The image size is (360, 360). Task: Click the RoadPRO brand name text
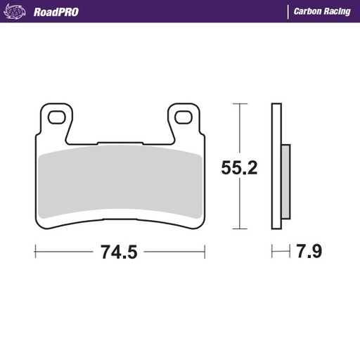(56, 12)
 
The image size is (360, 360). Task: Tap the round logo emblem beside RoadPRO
(18, 11)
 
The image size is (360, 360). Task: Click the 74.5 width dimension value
(120, 252)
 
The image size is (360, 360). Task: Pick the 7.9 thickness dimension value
(309, 251)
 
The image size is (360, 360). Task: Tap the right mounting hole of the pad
(184, 117)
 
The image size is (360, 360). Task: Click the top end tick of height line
(240, 104)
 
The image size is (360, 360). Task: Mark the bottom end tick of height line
(240, 229)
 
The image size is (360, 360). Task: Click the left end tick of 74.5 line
(35, 251)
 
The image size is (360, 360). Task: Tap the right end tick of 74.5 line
(205, 251)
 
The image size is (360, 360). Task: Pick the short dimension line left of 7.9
(281, 251)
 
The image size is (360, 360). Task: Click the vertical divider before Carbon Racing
(288, 12)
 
